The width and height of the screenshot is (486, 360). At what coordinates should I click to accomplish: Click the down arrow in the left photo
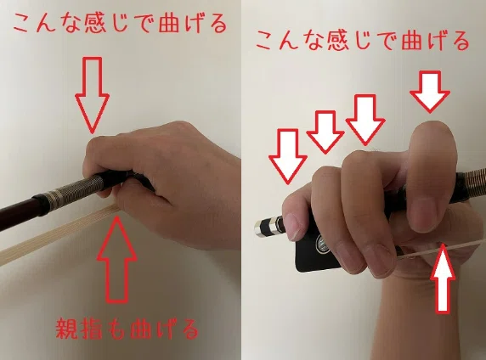(x=93, y=94)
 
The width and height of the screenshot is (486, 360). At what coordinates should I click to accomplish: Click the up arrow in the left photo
(x=117, y=260)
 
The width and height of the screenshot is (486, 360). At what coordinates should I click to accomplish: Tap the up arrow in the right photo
(x=444, y=278)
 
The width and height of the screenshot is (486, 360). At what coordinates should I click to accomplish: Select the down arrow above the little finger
(x=288, y=156)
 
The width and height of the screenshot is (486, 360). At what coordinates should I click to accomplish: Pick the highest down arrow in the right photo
(x=430, y=92)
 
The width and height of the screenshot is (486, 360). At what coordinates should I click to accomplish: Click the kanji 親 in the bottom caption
(x=66, y=329)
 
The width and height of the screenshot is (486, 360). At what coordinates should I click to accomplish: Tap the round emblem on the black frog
(x=322, y=245)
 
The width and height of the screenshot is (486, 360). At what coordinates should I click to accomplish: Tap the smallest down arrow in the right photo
(x=325, y=132)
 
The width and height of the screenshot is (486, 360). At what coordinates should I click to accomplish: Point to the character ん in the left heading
(x=47, y=24)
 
